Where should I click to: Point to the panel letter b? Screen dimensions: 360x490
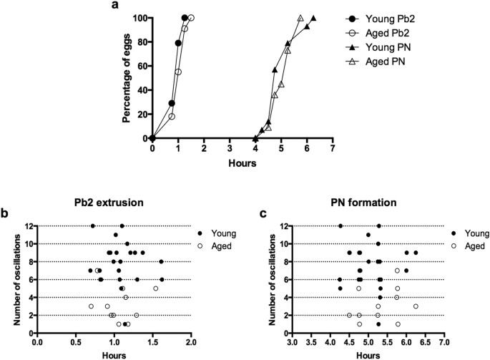[5, 213]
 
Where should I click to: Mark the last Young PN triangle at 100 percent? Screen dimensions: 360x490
[313, 18]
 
